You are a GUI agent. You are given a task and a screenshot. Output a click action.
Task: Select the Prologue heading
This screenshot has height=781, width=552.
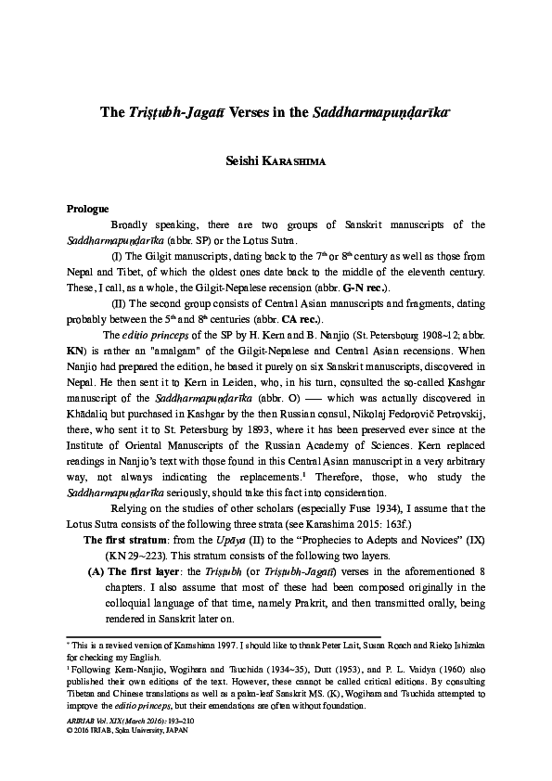[x=88, y=209]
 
